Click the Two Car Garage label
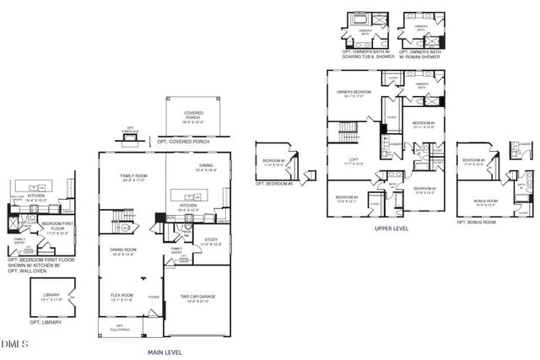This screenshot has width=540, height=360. pyautogui.click(x=195, y=298)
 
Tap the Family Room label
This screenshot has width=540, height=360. pyautogui.click(x=133, y=176)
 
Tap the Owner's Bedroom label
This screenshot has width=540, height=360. pyautogui.click(x=354, y=93)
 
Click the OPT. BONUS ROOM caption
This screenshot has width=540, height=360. pyautogui.click(x=477, y=223)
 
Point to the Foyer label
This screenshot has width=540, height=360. pyautogui.click(x=154, y=296)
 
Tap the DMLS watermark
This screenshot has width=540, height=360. pyautogui.click(x=15, y=343)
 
